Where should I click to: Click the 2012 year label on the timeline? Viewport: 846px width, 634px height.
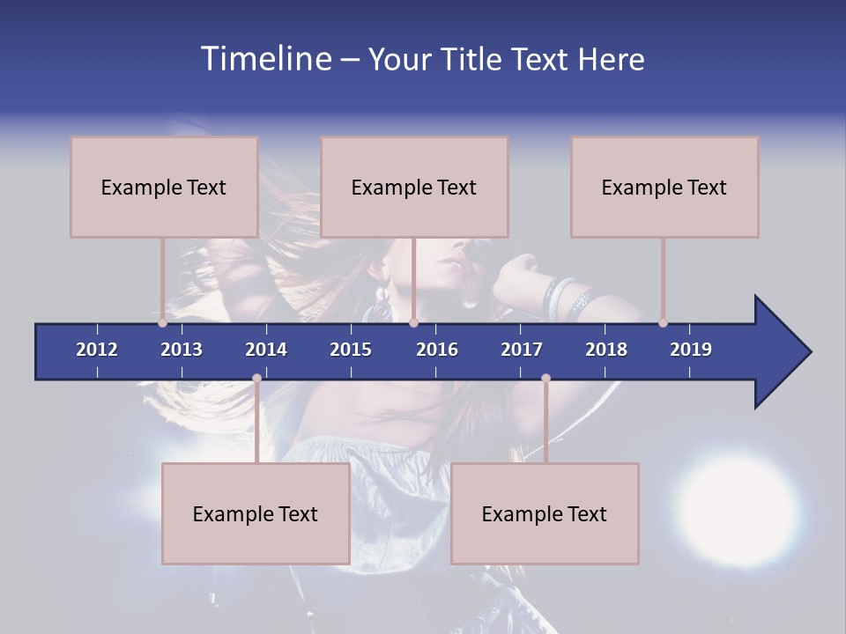click(x=97, y=350)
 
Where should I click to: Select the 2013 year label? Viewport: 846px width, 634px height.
click(x=182, y=350)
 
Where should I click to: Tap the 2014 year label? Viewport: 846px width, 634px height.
click(x=266, y=350)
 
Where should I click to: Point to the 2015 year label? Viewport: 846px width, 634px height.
click(x=351, y=350)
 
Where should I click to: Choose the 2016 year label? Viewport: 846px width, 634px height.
click(x=437, y=350)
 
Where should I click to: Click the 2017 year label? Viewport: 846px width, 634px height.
click(x=522, y=350)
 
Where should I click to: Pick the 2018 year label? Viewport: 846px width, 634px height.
click(x=606, y=350)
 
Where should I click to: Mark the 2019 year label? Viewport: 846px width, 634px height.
click(x=691, y=350)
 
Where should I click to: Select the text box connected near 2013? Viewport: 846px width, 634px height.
click(x=164, y=187)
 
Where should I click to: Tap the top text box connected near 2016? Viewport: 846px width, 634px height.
click(x=414, y=187)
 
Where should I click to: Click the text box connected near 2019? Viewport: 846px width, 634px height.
click(x=664, y=187)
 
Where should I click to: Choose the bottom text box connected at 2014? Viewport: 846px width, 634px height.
click(x=256, y=513)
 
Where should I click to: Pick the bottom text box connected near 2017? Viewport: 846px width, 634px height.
click(x=545, y=513)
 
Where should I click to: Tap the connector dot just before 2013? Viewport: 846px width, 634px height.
click(x=162, y=322)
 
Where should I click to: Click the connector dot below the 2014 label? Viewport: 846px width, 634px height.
click(x=256, y=379)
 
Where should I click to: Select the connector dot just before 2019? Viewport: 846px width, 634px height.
click(x=663, y=322)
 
